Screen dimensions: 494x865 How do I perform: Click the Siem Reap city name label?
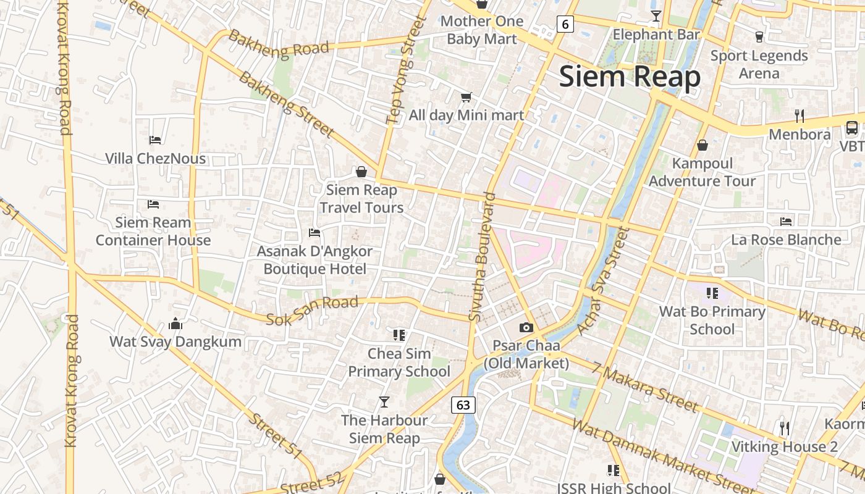(630, 77)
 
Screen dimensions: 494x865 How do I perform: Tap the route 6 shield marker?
(565, 24)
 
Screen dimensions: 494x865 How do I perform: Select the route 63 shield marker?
(463, 405)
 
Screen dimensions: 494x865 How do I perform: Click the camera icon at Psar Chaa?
(526, 327)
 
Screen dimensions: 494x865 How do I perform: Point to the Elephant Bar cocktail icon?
(656, 16)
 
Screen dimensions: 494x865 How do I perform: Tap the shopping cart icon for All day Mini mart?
(466, 97)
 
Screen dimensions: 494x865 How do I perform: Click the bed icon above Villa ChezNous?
(155, 140)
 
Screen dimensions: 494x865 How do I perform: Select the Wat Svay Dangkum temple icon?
(175, 324)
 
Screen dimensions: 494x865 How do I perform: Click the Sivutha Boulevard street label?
(483, 257)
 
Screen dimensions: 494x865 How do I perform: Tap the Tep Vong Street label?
(406, 70)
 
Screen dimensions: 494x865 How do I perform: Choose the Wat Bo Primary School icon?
(712, 293)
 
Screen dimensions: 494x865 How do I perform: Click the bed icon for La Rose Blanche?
(786, 221)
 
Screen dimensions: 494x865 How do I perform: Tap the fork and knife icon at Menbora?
(799, 115)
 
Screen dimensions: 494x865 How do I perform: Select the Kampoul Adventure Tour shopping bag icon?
(702, 145)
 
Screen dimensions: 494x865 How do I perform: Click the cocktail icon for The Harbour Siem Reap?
(384, 402)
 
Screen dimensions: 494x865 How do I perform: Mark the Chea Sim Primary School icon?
(399, 335)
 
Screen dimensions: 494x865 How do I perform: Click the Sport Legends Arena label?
(759, 64)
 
